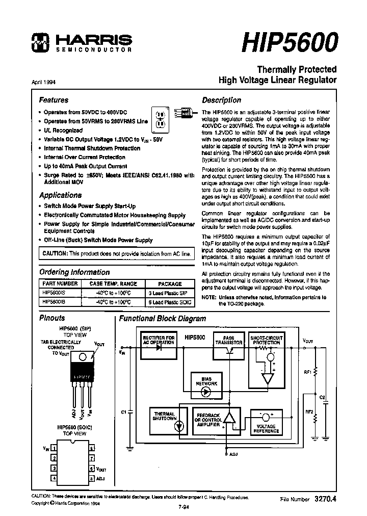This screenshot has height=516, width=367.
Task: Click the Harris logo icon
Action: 39,43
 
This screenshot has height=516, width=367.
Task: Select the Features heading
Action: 54,100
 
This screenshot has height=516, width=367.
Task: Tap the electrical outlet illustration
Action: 160,119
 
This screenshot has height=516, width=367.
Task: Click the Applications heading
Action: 60,195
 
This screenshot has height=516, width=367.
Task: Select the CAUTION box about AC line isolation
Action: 116,253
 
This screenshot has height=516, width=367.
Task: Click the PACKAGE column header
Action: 170,284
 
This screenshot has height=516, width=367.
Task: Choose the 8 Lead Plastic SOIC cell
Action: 170,302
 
